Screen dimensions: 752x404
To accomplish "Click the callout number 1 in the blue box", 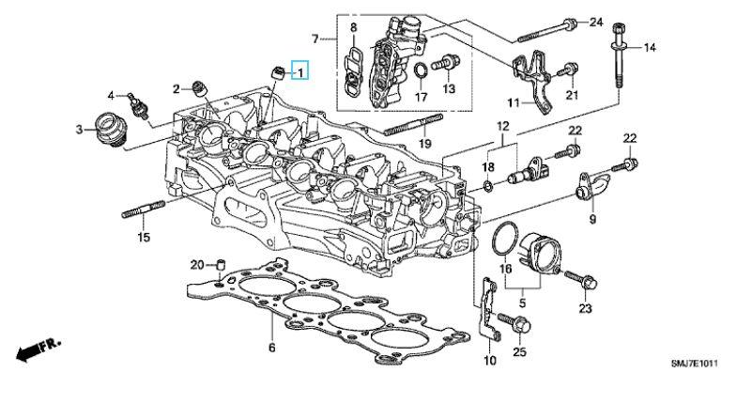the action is [x=300, y=72].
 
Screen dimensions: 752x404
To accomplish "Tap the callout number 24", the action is [x=595, y=22].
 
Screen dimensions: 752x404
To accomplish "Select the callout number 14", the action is [x=650, y=47].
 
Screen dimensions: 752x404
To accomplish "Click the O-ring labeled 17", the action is [x=420, y=70].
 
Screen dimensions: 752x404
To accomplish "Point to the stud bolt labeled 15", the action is [x=144, y=210].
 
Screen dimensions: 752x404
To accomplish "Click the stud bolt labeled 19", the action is [x=413, y=124].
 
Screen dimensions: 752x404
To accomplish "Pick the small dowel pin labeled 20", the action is [x=221, y=264].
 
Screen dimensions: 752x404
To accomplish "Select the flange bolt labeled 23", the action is [x=580, y=280].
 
